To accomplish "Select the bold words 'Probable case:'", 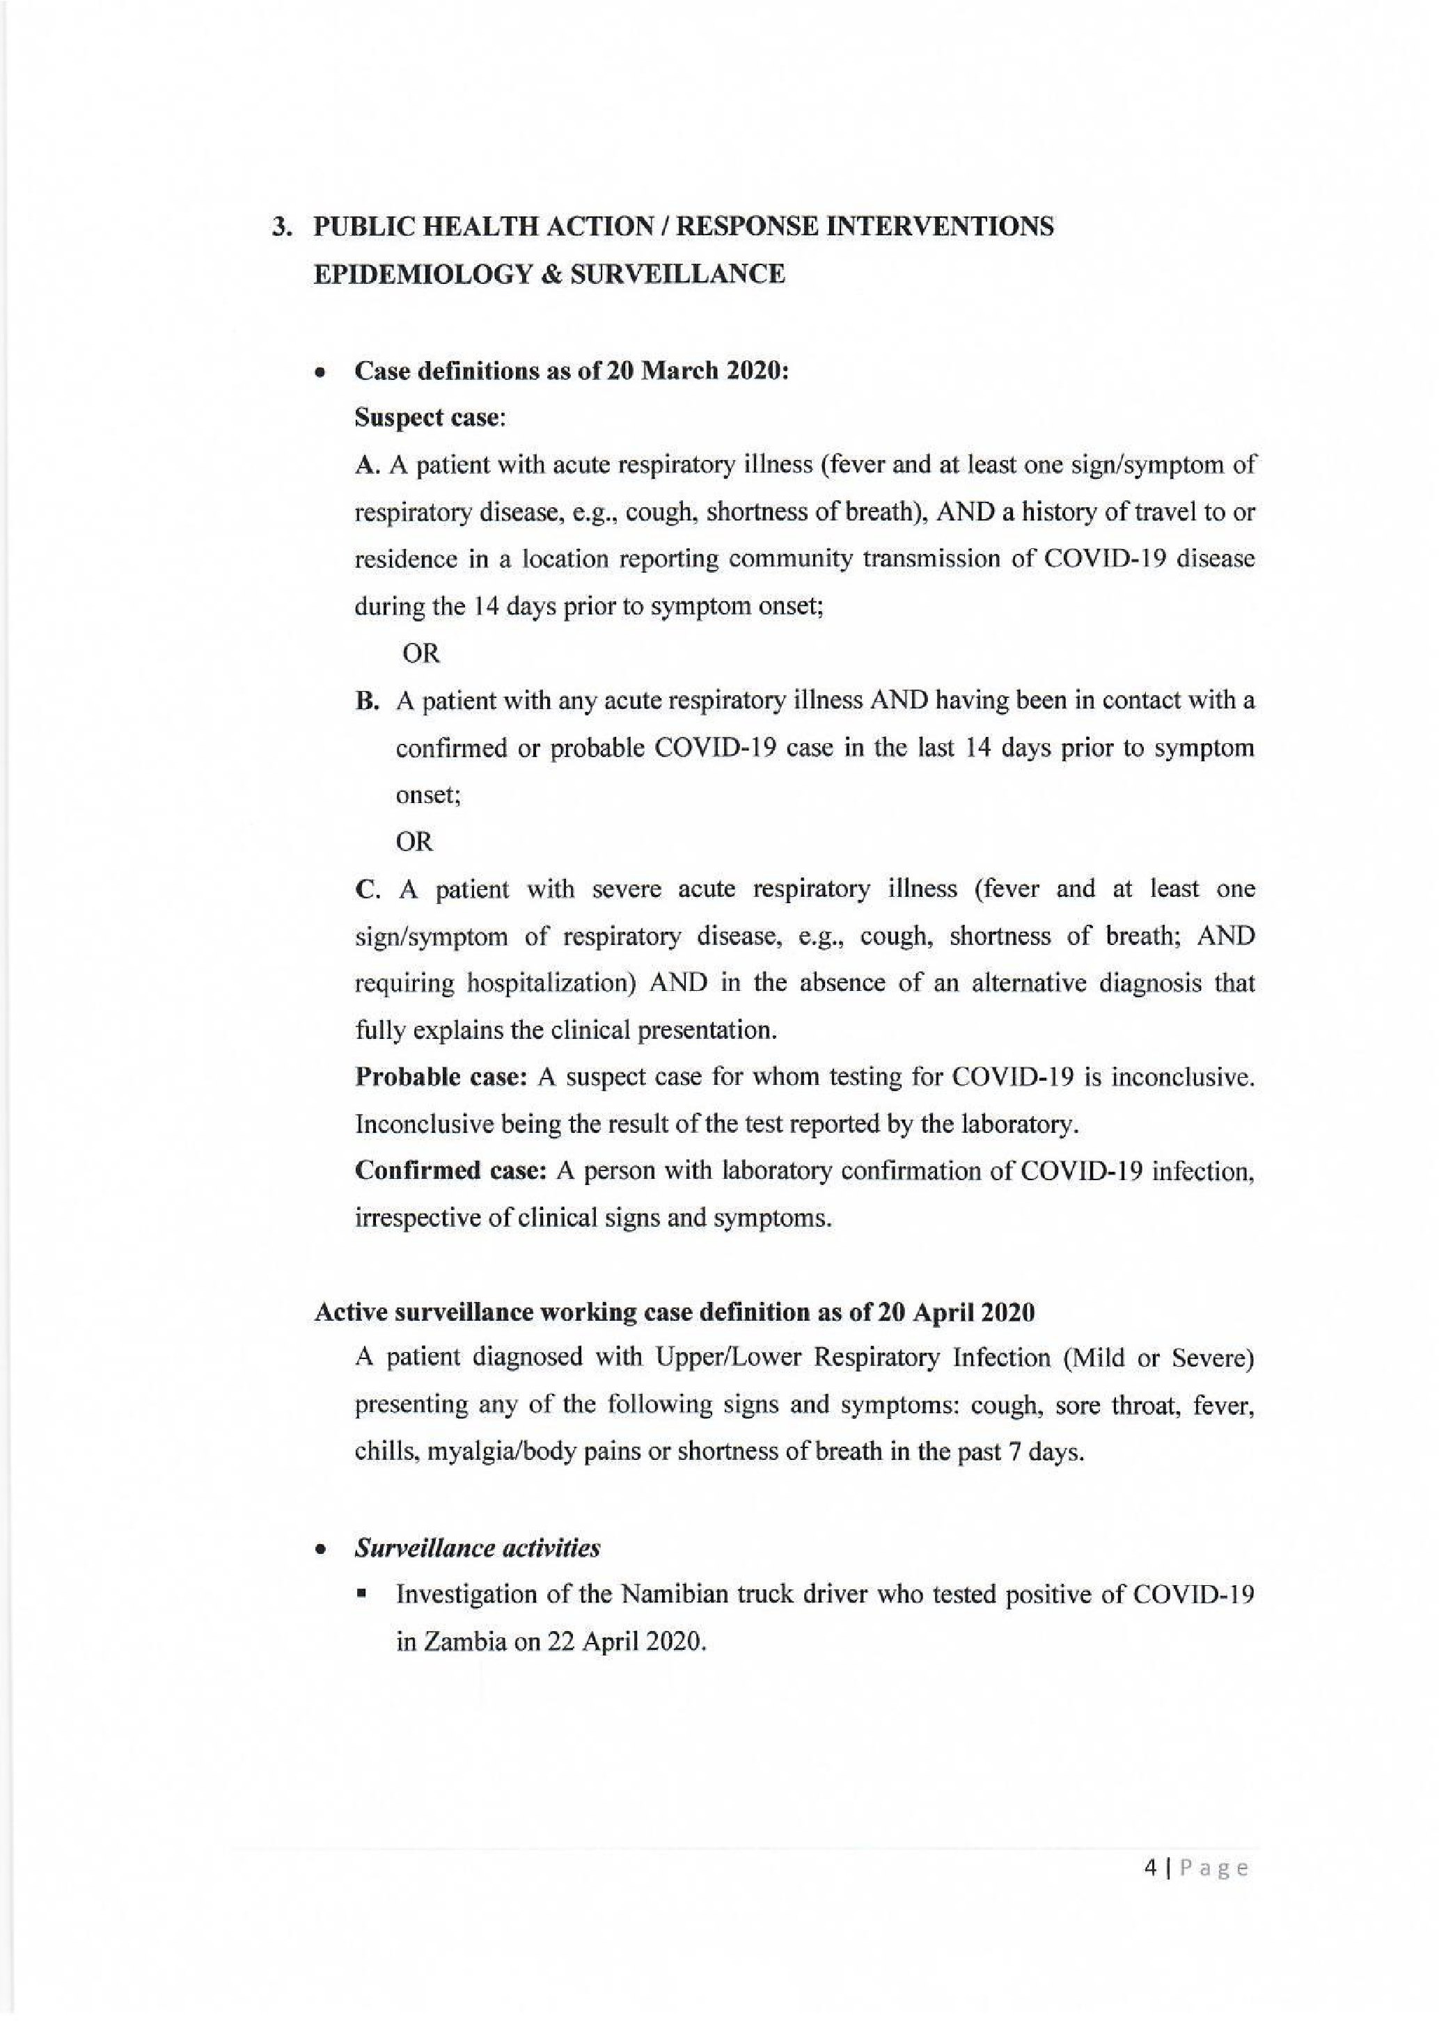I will tap(441, 1077).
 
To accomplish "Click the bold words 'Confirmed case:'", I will tap(450, 1171).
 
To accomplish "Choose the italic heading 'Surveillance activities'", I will tap(477, 1548).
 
